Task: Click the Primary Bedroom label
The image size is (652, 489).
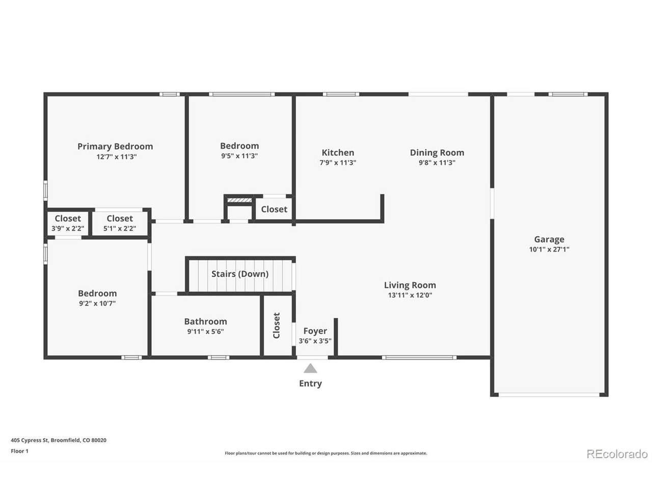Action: [x=115, y=146]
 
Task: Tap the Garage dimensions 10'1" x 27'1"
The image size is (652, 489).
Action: [x=549, y=250]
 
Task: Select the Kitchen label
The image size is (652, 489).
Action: [x=338, y=153]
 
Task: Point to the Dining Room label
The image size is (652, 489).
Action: [x=437, y=153]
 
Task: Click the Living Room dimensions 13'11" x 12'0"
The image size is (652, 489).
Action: [x=410, y=295]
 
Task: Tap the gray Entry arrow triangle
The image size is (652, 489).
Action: [x=310, y=368]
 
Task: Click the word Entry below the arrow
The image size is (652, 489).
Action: [x=310, y=383]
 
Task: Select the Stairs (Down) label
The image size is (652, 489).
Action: [x=240, y=274]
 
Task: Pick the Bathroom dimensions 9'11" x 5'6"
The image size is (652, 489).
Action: [x=206, y=331]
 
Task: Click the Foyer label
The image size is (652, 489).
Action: [x=315, y=331]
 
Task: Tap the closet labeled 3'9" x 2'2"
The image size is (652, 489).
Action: [x=68, y=224]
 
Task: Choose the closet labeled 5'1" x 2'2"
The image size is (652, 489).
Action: [x=120, y=224]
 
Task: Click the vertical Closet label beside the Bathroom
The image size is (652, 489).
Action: [x=277, y=325]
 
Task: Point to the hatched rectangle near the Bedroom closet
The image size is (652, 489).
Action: [x=239, y=200]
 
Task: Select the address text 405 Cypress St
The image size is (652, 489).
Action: [x=29, y=440]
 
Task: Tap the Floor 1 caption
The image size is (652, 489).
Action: [x=19, y=451]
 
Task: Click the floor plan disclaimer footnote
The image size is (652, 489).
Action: [x=326, y=453]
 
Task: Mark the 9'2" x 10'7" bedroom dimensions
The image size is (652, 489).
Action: [x=97, y=304]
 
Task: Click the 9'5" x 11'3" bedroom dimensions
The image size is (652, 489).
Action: [x=239, y=156]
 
